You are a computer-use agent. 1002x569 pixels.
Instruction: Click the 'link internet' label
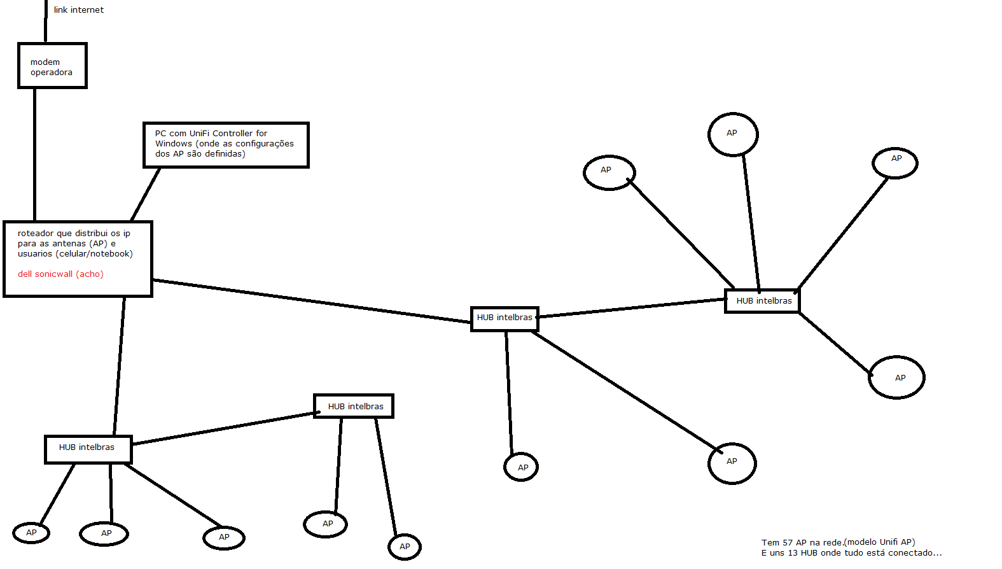[79, 10]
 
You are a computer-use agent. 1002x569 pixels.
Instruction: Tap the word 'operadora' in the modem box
[52, 73]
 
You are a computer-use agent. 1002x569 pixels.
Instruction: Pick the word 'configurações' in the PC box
[265, 144]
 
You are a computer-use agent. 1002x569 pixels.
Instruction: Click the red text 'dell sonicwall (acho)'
[61, 274]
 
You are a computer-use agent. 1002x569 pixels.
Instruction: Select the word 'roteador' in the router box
[36, 233]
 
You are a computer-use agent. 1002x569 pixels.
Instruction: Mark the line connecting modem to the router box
[34, 155]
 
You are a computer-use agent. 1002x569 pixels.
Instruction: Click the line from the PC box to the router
[146, 194]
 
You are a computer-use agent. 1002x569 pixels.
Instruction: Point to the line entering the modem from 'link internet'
[46, 21]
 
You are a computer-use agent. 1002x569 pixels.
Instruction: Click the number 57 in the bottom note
[788, 543]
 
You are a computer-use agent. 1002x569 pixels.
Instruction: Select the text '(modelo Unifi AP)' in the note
[879, 543]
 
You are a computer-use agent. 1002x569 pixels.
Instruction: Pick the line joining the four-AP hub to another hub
[631, 309]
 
